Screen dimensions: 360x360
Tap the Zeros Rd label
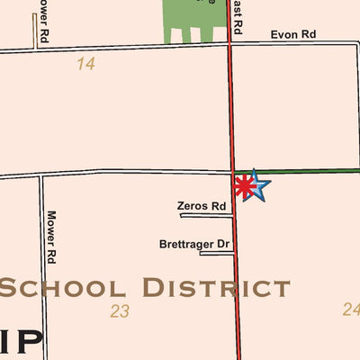[202, 206]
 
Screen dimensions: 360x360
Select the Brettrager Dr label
[194, 244]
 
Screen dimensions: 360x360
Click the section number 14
[86, 64]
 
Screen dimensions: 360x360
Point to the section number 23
[120, 311]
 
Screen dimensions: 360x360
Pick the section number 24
[351, 310]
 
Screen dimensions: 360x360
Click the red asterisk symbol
[243, 186]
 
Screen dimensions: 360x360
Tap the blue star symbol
[256, 186]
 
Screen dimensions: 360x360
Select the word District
[216, 288]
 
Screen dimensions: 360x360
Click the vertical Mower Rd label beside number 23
[51, 237]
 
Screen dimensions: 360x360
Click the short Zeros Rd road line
[206, 216]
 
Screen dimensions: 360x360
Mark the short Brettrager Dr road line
[216, 254]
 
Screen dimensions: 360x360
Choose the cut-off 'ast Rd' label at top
[237, 16]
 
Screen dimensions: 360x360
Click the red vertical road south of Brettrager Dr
[238, 306]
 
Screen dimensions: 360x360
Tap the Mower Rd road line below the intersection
[41, 270]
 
